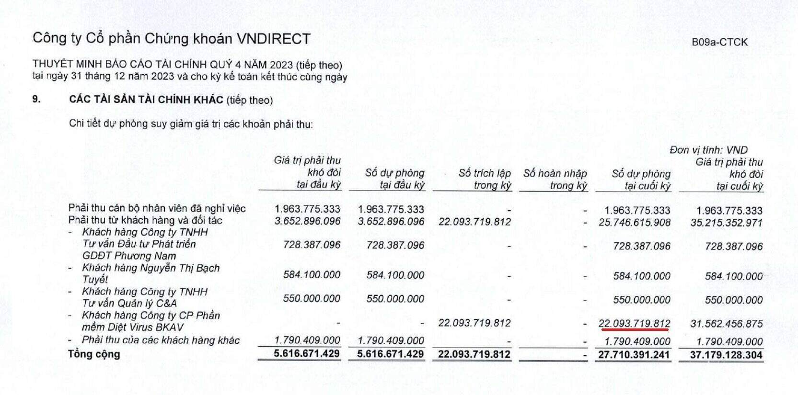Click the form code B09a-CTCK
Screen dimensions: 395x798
point(719,42)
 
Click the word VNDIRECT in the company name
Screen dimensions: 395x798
point(273,39)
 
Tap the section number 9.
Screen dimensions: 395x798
point(36,99)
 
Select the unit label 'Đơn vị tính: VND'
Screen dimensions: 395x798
point(708,150)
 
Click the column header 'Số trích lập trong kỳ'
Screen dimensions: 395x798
point(485,179)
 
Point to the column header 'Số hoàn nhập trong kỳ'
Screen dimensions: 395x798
point(555,179)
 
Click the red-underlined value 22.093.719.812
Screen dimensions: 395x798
point(634,324)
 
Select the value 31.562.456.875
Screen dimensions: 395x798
point(726,324)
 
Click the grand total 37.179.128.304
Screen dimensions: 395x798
point(726,355)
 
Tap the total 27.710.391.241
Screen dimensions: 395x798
point(634,355)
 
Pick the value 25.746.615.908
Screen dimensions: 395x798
point(634,222)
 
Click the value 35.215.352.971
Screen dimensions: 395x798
point(726,222)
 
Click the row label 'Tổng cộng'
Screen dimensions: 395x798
point(94,354)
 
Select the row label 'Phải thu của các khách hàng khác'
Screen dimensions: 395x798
point(161,340)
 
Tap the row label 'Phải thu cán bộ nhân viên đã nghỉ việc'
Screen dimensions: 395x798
point(157,208)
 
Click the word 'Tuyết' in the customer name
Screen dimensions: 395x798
point(95,280)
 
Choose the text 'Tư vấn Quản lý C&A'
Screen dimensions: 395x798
point(129,304)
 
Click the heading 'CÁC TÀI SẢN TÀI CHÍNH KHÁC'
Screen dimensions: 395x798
point(146,100)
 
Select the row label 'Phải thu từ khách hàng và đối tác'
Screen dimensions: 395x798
point(145,220)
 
